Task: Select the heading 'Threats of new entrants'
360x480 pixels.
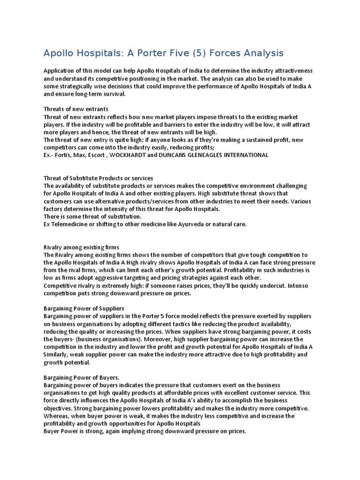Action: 76,109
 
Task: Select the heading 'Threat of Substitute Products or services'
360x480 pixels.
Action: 98,178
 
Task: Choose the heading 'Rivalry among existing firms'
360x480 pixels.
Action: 81,247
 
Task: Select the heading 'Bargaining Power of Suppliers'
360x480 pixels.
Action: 84,308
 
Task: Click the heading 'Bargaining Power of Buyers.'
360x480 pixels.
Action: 81,377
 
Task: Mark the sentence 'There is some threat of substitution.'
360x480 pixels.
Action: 92,217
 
